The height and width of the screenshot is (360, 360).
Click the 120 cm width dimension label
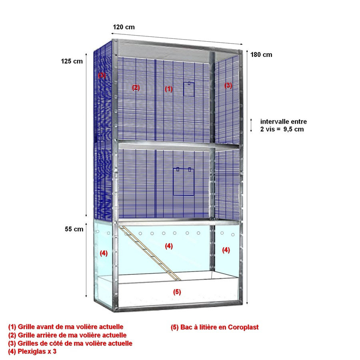(124, 27)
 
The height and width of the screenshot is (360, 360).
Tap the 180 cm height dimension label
(261, 55)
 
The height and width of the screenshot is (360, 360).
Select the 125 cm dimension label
(72, 61)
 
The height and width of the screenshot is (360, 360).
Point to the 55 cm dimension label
(74, 229)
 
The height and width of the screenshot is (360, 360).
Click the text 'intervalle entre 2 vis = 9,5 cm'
(283, 125)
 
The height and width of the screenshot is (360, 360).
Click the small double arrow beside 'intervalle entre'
(251, 125)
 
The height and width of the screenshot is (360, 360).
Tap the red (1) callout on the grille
(169, 89)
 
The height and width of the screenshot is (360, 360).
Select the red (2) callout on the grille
(136, 88)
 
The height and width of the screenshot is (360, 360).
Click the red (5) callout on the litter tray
(177, 292)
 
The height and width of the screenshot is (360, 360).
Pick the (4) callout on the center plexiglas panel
(169, 246)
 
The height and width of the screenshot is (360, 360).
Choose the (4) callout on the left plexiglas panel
(104, 253)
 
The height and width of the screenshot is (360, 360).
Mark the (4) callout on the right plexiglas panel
(226, 250)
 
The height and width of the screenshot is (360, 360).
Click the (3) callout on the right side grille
(228, 85)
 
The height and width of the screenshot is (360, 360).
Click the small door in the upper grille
(189, 89)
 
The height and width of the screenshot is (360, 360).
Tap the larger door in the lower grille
(184, 182)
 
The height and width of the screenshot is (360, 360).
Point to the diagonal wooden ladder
(150, 253)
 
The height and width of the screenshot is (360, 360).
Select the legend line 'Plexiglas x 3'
(32, 351)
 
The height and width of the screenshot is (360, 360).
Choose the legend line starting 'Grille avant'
(66, 327)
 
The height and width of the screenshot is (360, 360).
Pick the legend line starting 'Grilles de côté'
(70, 343)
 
